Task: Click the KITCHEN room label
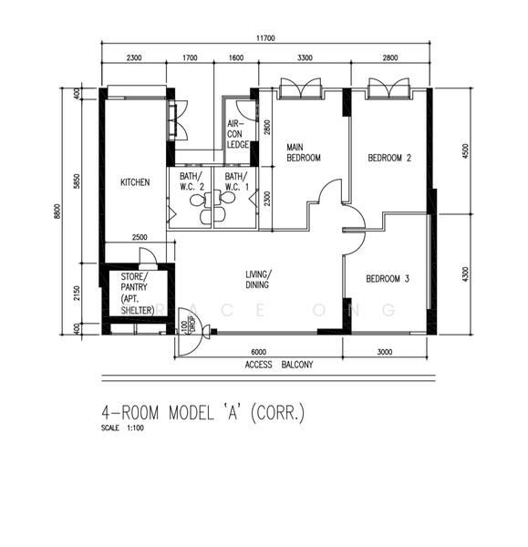[x=134, y=182]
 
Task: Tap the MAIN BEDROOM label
[x=304, y=152]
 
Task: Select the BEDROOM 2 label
[x=389, y=158]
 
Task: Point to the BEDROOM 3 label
[x=387, y=279]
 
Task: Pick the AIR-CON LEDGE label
[x=237, y=138]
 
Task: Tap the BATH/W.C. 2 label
[x=189, y=181]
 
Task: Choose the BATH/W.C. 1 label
[x=235, y=181]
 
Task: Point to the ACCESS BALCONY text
[x=278, y=365]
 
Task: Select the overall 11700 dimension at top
[x=266, y=38]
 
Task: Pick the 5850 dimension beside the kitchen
[x=77, y=181]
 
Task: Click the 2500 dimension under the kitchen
[x=140, y=237]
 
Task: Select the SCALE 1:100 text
[x=122, y=428]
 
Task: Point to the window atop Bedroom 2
[x=389, y=88]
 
